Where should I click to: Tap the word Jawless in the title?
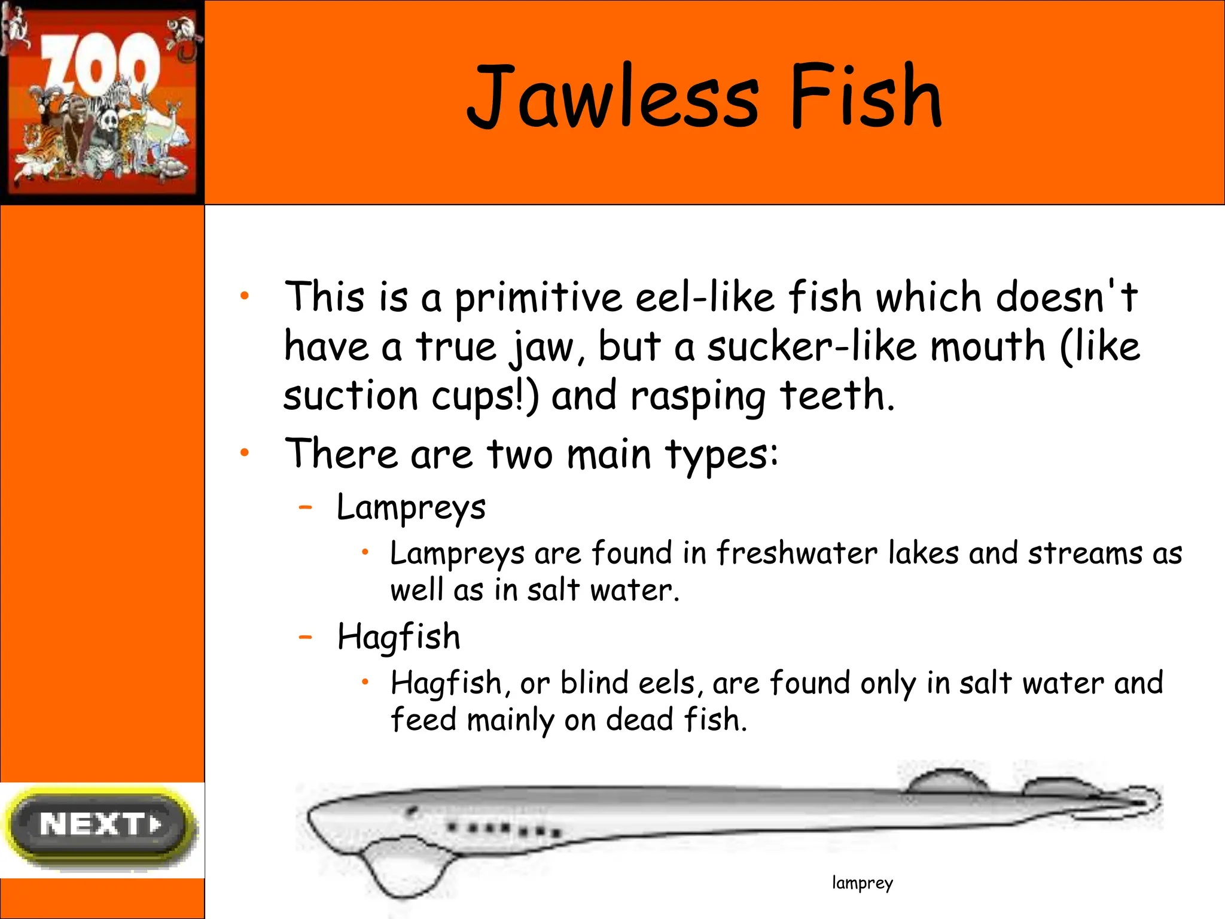pos(612,98)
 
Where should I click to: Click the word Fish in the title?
pos(866,98)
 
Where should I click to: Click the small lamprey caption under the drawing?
pos(862,883)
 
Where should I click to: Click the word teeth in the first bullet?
pos(837,395)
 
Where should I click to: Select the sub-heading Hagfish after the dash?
pos(399,637)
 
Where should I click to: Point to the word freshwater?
pos(796,553)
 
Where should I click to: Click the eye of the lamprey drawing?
pos(412,811)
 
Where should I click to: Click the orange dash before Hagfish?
pos(306,637)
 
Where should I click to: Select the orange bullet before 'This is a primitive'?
pos(244,296)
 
